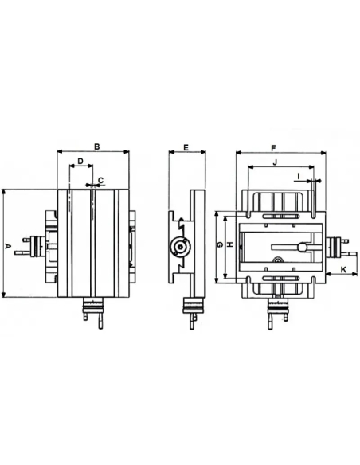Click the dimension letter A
[8, 246]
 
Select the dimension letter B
[97, 147]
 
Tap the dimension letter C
[100, 180]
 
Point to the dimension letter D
[80, 161]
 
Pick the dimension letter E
[186, 147]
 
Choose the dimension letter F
[274, 147]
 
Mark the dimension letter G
[220, 245]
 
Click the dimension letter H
[230, 244]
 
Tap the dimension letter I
[299, 176]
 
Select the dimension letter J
[275, 162]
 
